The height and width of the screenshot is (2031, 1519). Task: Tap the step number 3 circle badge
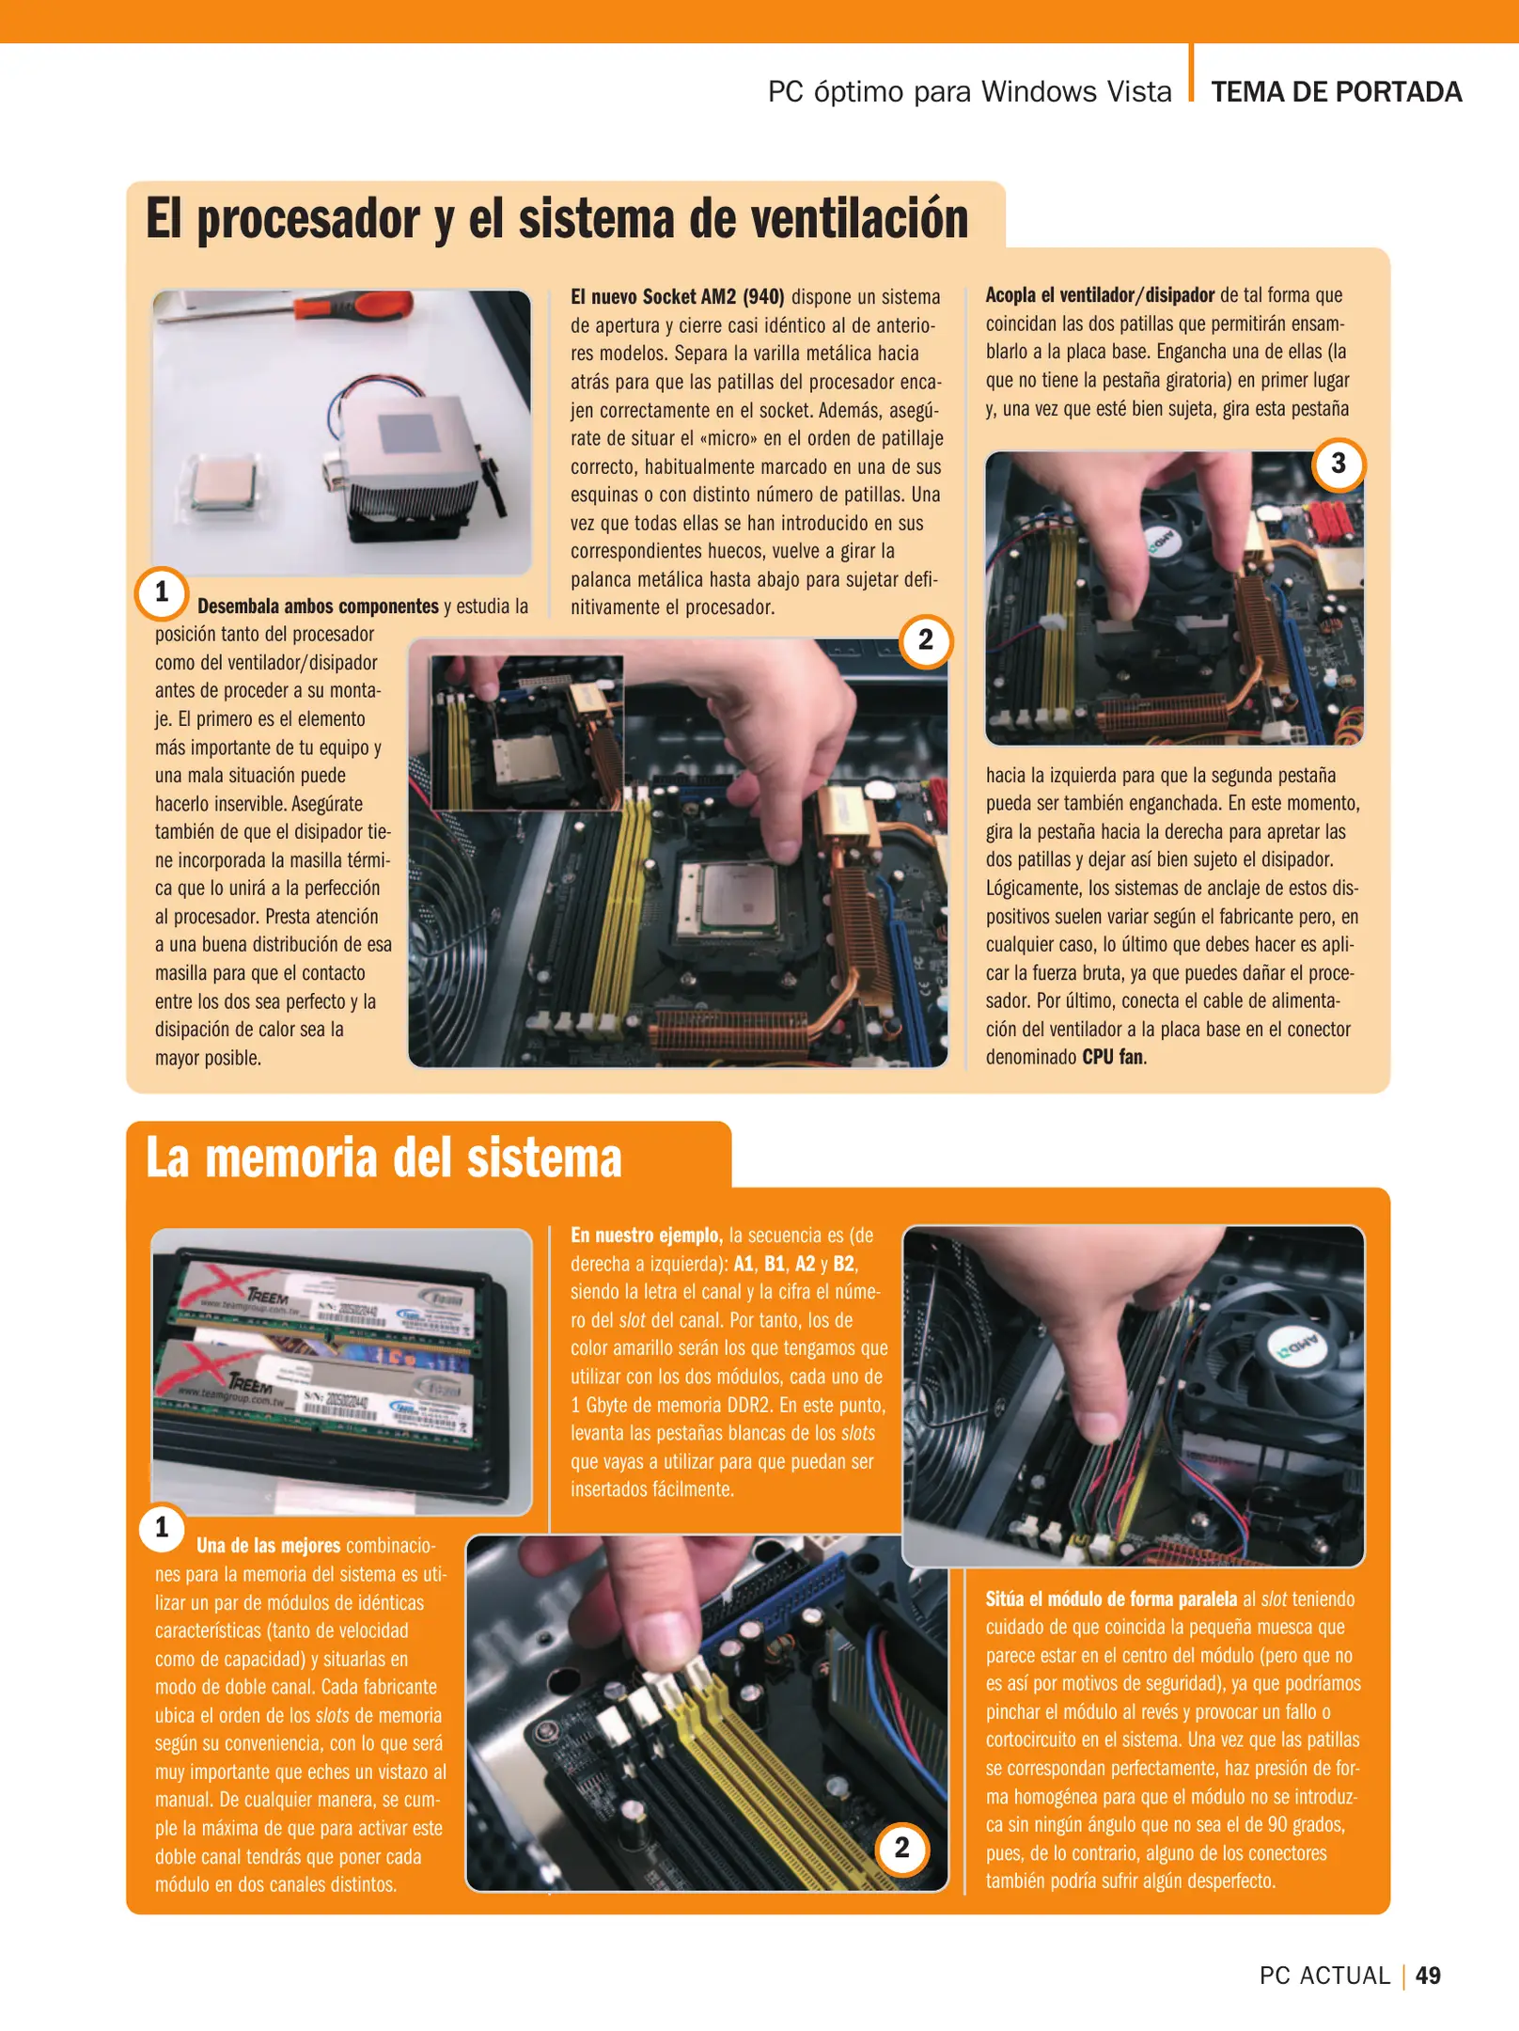1338,464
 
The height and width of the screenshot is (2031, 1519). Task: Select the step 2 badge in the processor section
925,640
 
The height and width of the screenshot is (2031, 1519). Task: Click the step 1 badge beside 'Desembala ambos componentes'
162,592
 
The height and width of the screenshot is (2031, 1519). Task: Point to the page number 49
1427,1976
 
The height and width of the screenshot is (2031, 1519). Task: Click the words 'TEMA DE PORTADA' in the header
1336,92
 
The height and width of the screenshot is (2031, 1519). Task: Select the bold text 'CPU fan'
1112,1057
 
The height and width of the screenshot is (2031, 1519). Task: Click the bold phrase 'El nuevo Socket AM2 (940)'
677,297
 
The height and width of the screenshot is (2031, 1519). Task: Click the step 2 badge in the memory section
901,1848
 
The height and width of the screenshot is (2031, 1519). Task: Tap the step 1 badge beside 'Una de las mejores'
162,1527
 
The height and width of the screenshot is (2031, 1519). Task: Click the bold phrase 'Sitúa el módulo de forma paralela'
1110,1598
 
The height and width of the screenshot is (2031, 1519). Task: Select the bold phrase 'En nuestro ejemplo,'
646,1236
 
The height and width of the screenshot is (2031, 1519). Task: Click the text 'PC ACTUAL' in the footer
1323,1976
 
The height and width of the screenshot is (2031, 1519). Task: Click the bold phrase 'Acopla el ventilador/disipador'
1099,295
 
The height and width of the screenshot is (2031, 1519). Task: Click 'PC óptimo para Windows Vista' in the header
969,92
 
